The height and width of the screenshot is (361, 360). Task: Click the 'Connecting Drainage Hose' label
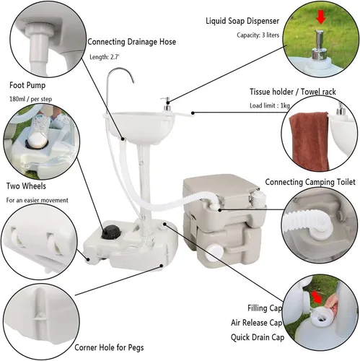pos(131,42)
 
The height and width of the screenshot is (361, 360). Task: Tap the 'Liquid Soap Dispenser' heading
pos(242,21)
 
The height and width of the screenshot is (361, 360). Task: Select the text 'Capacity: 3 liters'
pos(258,35)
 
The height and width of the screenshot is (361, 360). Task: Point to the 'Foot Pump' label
pos(27,85)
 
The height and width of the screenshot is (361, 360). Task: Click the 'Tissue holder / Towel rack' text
pos(292,92)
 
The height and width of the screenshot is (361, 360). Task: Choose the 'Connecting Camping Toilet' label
pos(310,182)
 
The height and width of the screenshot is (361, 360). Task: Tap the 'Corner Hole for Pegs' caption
pos(109,347)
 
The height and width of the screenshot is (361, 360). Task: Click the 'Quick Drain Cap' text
pos(258,337)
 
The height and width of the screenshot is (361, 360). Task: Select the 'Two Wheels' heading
pos(26,186)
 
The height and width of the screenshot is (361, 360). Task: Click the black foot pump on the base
pos(110,232)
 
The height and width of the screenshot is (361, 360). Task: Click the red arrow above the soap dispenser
pos(321,18)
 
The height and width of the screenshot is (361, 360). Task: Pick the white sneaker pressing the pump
pos(38,131)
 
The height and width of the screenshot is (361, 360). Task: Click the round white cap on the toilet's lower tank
pos(214,253)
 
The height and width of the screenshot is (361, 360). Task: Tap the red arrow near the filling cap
pos(317,297)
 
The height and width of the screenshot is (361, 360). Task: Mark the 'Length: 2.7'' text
pos(105,57)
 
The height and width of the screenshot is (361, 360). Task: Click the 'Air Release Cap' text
pos(256,323)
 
